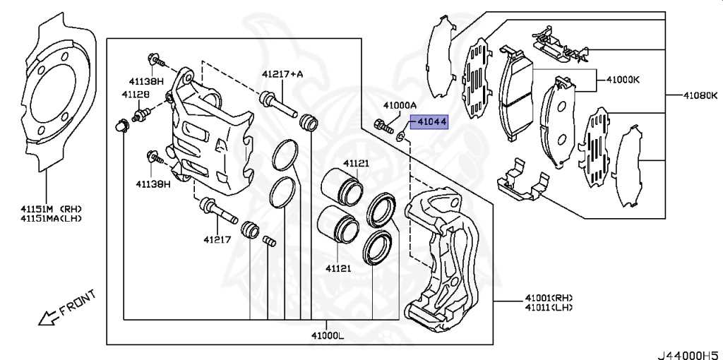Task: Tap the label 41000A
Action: pyautogui.click(x=400, y=105)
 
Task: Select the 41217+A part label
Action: pyautogui.click(x=282, y=73)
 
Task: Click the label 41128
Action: pyautogui.click(x=135, y=94)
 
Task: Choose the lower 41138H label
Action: pyautogui.click(x=153, y=184)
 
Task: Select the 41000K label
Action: pyautogui.click(x=622, y=79)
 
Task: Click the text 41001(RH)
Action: pyautogui.click(x=549, y=297)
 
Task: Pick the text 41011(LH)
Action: pyautogui.click(x=549, y=308)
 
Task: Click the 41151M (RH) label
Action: pyautogui.click(x=51, y=209)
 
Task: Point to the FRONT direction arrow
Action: pyautogui.click(x=49, y=318)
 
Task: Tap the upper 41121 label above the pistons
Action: pyautogui.click(x=357, y=164)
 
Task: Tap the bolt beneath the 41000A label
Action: pyautogui.click(x=384, y=128)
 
